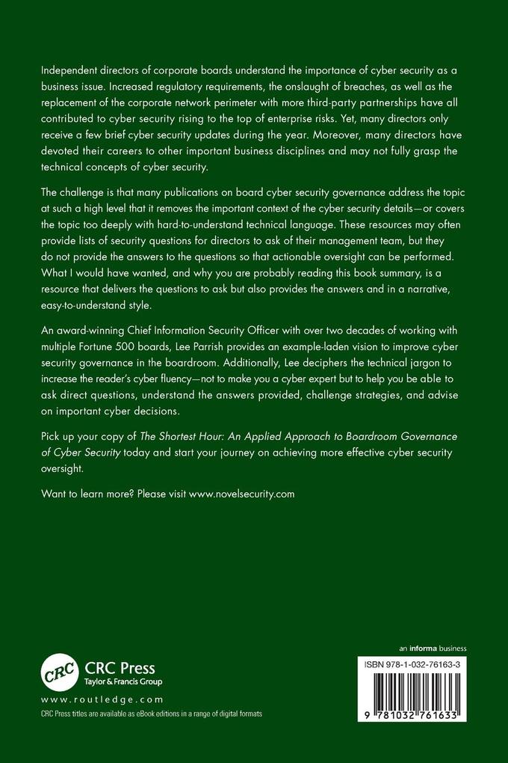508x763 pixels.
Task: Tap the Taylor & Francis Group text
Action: (121, 681)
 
